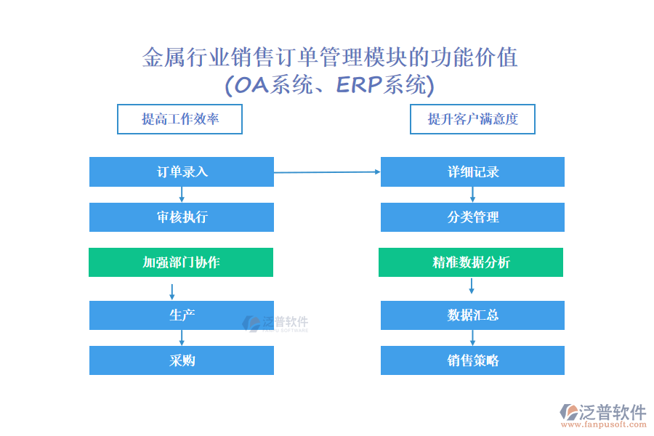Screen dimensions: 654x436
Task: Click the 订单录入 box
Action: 182,171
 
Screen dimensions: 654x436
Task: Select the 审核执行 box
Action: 182,217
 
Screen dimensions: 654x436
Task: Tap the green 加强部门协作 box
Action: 181,262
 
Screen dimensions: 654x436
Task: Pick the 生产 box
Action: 182,315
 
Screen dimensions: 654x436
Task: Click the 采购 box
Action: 182,360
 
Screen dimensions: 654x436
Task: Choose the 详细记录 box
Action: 472,171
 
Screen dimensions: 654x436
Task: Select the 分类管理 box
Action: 472,217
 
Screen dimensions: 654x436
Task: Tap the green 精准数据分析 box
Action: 471,262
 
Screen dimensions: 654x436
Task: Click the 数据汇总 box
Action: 472,315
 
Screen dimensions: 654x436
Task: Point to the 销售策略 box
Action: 472,360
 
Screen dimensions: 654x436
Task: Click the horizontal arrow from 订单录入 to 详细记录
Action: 327,172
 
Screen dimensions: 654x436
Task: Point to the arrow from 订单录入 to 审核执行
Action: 182,195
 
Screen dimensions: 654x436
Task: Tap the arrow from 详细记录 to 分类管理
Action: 472,195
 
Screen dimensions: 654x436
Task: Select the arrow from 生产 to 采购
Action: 182,337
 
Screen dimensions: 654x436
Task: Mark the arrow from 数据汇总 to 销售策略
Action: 472,337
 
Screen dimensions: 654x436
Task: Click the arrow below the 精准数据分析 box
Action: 472,286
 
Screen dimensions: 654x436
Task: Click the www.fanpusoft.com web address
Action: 604,424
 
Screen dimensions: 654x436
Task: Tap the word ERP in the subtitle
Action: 359,85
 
